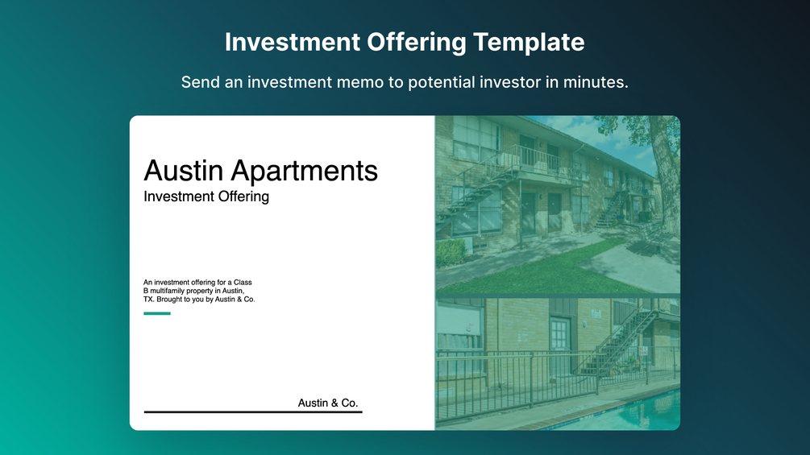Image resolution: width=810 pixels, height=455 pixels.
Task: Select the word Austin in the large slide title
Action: click(x=184, y=171)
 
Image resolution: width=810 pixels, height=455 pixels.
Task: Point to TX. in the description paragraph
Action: click(x=148, y=300)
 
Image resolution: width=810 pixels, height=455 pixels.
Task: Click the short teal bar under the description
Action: click(x=157, y=313)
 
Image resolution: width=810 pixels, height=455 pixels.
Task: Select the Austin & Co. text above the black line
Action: click(x=328, y=403)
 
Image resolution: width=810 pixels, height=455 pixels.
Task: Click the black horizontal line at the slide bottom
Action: click(x=253, y=412)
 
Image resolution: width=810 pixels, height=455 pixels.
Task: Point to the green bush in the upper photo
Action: click(x=451, y=252)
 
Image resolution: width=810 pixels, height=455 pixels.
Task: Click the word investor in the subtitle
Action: click(x=513, y=82)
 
